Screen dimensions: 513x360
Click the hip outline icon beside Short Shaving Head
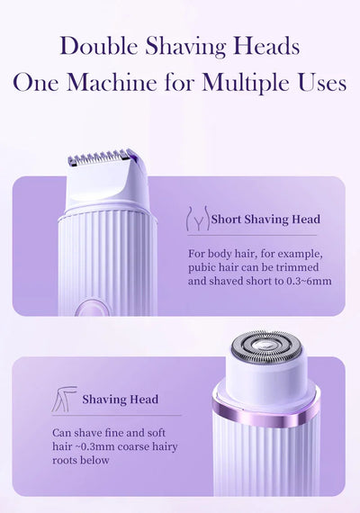click(197, 220)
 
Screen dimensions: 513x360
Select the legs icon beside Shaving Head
click(63, 400)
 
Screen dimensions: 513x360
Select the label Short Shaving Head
click(265, 219)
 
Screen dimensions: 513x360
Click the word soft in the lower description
click(153, 433)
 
